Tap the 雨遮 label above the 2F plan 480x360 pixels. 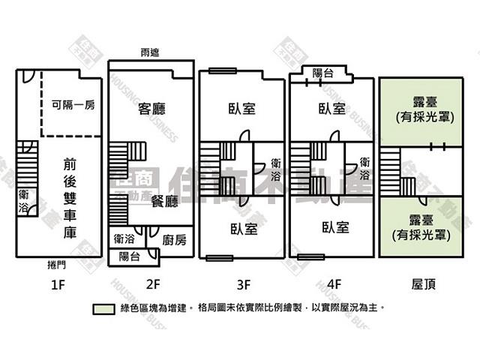(x=149, y=52)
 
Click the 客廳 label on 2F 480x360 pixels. (x=152, y=109)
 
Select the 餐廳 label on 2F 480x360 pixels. (x=164, y=201)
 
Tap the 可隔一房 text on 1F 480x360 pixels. (x=73, y=105)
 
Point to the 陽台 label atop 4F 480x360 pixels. (x=323, y=73)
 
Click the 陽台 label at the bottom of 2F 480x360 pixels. (x=129, y=256)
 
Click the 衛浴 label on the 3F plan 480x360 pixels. (x=277, y=169)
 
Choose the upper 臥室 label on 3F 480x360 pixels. (x=242, y=109)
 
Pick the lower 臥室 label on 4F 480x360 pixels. (x=334, y=227)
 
